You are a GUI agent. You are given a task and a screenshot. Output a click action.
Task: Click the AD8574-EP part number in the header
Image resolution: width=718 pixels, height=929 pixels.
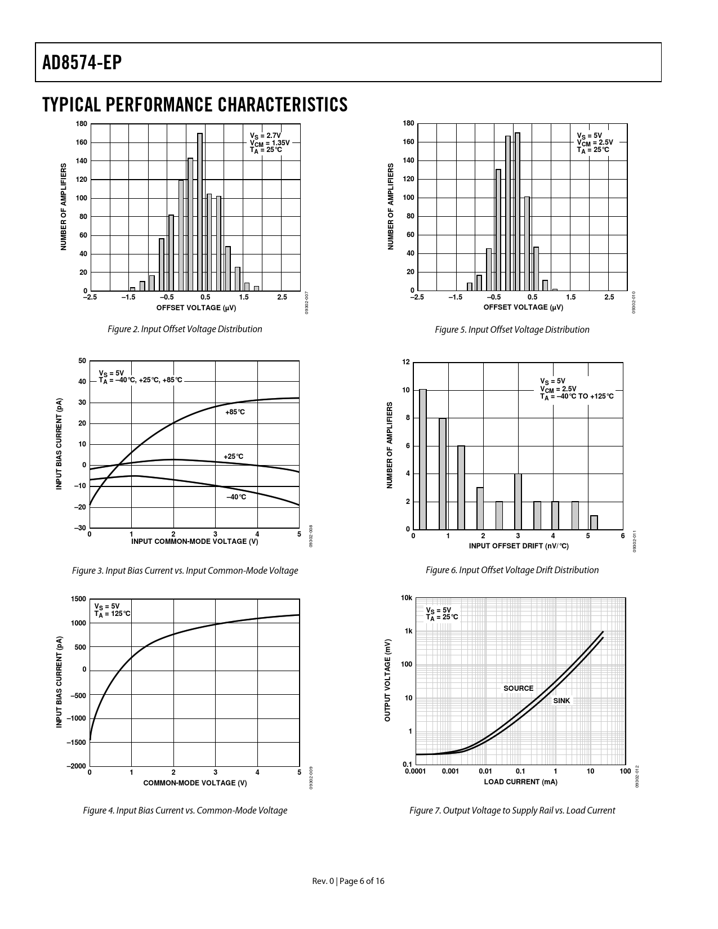click(82, 63)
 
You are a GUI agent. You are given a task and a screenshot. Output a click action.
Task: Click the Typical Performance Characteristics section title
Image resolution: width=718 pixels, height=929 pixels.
click(194, 105)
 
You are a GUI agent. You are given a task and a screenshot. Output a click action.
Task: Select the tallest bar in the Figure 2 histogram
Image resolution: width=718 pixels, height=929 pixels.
click(200, 212)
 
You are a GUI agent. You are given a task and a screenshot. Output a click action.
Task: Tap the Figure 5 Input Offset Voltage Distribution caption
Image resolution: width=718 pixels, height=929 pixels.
click(512, 329)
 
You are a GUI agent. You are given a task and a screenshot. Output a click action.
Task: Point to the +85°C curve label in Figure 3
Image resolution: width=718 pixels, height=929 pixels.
click(235, 412)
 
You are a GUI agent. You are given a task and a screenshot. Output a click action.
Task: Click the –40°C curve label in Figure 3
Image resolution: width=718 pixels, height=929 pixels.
click(236, 497)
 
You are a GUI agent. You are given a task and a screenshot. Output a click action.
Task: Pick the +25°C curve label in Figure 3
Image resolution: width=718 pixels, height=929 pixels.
click(233, 457)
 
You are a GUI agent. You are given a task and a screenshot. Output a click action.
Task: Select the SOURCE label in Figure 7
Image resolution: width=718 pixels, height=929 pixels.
click(518, 689)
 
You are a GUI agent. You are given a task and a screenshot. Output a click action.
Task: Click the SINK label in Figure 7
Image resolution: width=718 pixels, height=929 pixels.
click(561, 701)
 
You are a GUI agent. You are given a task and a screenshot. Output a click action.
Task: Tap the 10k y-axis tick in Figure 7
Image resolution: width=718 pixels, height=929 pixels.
click(407, 598)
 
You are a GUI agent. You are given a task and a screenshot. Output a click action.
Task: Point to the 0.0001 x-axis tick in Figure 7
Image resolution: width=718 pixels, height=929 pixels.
click(415, 771)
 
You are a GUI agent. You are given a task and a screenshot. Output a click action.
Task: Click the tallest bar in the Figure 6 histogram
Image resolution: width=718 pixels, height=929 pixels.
click(423, 459)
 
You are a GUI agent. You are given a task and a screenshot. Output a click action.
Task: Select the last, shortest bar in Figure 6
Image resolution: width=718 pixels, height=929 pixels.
click(594, 522)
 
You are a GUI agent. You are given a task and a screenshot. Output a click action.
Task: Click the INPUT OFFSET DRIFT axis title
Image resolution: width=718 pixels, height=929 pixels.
click(518, 546)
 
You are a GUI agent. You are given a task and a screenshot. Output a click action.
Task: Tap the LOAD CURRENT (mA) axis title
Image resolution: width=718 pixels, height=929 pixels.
click(520, 782)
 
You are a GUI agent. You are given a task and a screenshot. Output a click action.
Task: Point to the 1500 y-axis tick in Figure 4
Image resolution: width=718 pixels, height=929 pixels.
click(79, 599)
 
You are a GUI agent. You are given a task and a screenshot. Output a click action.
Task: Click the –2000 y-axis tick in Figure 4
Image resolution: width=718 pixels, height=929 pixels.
click(77, 766)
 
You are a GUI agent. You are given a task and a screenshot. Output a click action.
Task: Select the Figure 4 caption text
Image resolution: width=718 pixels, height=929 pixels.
click(185, 811)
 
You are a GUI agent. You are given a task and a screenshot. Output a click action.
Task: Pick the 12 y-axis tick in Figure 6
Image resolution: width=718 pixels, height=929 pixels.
click(406, 362)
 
